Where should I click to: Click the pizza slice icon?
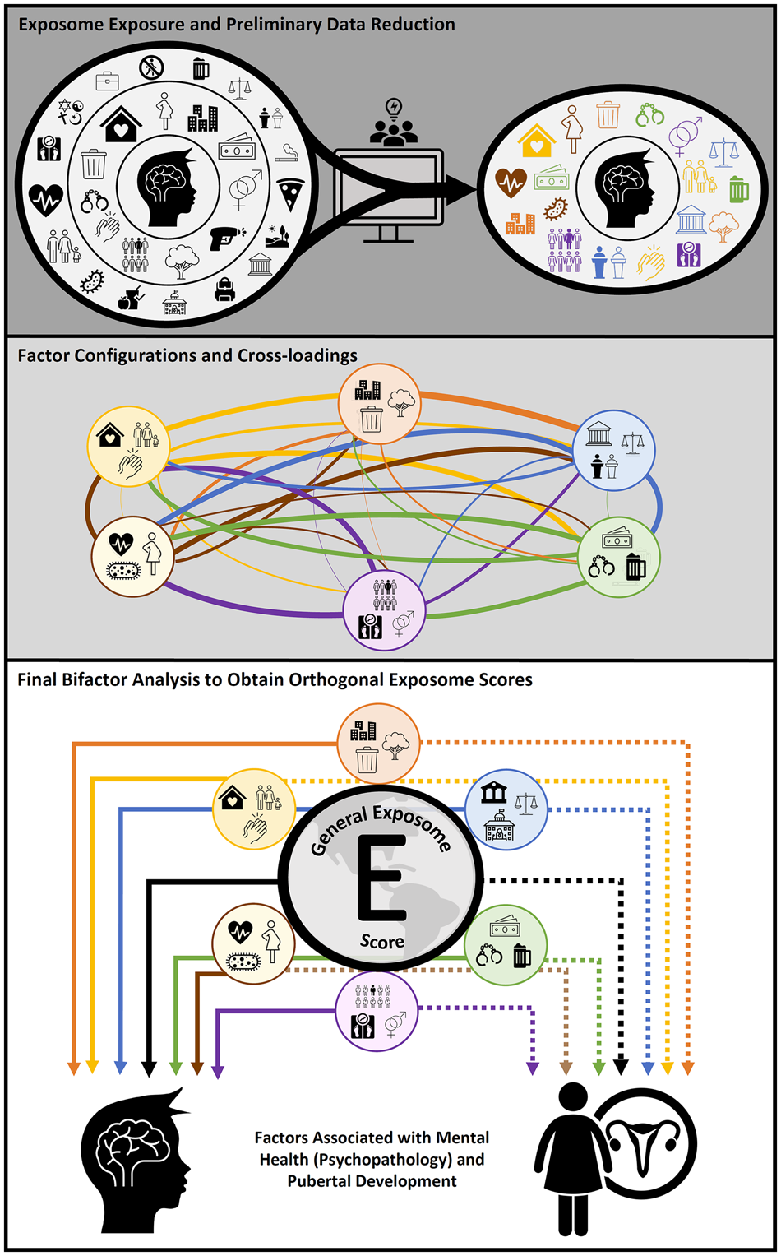(289, 193)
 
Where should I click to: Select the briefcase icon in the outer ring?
(108, 81)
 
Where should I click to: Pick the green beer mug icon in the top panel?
(738, 190)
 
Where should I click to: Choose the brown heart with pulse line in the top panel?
(511, 183)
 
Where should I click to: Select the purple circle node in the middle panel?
(384, 610)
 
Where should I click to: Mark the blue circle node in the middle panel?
(613, 450)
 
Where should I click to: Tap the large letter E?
(381, 878)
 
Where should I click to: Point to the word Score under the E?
(382, 941)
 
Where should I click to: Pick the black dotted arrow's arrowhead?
(622, 1067)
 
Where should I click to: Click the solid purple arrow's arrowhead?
(218, 1071)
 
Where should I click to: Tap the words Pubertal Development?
(372, 1181)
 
